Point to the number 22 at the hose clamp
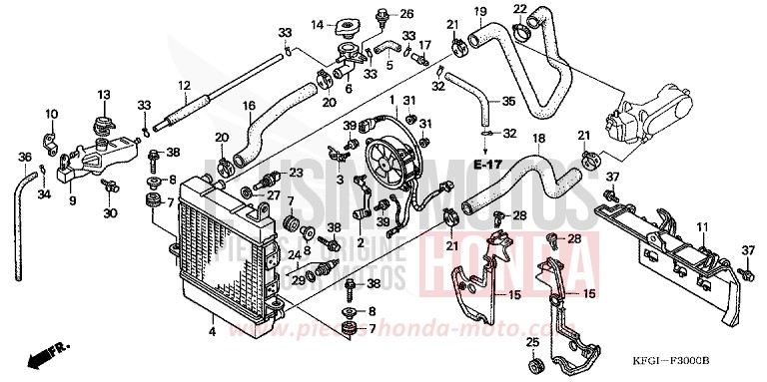point(519,10)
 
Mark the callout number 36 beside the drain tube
point(25,157)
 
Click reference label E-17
point(488,163)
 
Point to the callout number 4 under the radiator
point(211,330)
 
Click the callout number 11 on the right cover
point(701,227)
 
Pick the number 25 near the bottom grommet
point(531,344)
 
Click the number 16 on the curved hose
point(249,105)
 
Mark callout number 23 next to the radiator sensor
point(296,172)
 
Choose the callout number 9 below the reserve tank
point(71,199)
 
